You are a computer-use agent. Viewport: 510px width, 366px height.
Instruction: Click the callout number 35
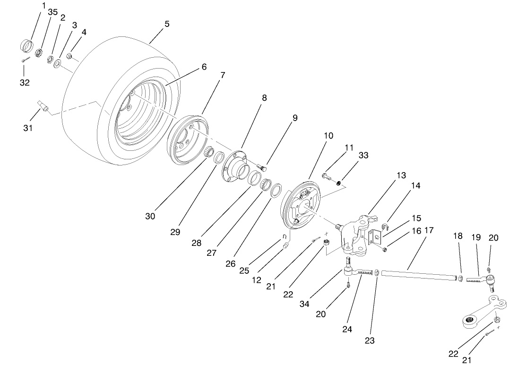pos(40,12)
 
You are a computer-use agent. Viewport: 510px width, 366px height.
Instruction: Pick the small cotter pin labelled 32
pos(26,60)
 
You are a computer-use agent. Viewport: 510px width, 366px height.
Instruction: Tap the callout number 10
pos(328,136)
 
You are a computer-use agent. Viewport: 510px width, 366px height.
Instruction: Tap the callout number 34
pos(304,304)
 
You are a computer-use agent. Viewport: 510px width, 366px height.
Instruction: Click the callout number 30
pos(150,216)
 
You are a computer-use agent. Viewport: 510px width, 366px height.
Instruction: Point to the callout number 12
pos(257,280)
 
